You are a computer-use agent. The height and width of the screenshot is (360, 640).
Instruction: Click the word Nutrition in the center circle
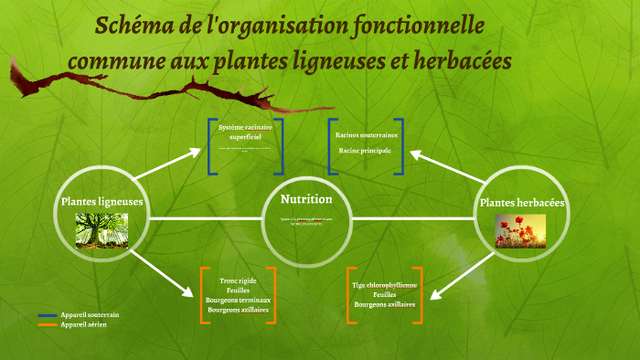click(306, 199)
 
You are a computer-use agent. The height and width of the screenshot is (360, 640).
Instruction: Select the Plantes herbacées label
click(522, 202)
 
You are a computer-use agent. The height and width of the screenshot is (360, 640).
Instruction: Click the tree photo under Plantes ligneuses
click(101, 229)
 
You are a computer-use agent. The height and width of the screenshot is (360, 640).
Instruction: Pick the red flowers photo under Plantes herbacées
click(520, 231)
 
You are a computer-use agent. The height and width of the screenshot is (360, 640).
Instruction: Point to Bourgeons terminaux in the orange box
click(239, 300)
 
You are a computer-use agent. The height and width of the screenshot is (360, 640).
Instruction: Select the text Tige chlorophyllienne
click(384, 285)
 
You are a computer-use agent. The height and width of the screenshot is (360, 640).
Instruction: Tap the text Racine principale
click(365, 150)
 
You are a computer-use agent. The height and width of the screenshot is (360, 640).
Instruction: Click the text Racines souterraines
click(367, 135)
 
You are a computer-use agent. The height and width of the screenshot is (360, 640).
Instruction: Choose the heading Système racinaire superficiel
click(245, 131)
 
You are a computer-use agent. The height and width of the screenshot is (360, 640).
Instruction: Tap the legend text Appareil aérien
click(84, 324)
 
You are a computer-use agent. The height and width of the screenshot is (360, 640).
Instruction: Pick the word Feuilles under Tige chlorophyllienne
click(384, 294)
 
